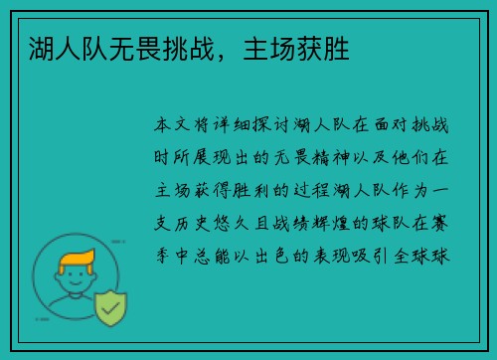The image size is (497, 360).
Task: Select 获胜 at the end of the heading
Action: point(323,47)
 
